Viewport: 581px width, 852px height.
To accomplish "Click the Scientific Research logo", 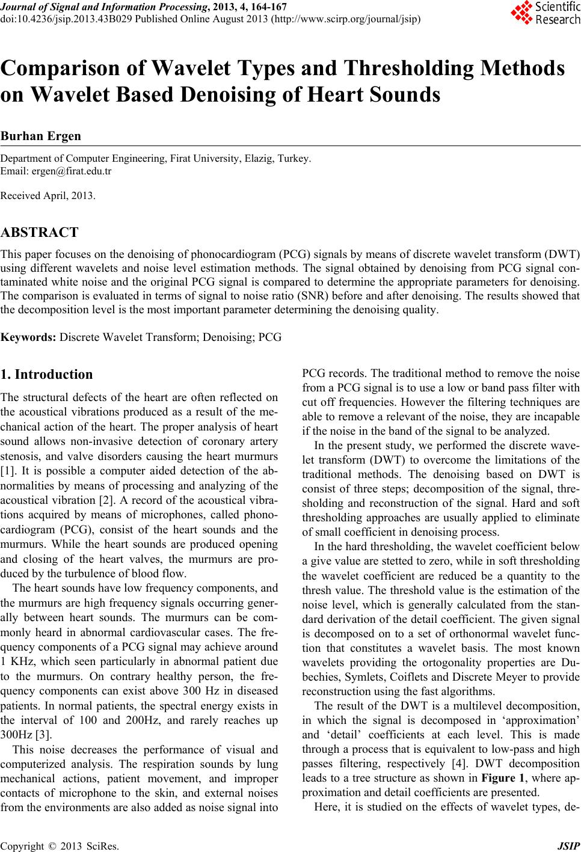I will click(x=545, y=13).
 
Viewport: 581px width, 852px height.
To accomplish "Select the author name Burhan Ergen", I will click(x=41, y=136).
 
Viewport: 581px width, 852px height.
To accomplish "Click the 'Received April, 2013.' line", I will click(x=48, y=196).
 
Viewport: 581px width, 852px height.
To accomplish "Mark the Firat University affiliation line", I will click(x=156, y=159).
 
